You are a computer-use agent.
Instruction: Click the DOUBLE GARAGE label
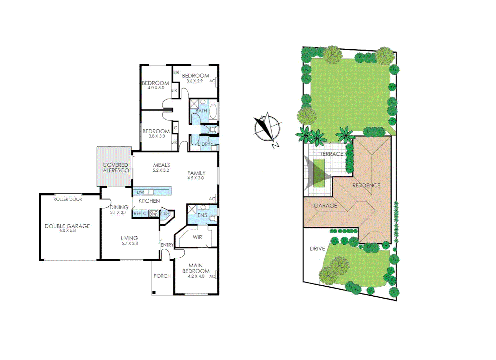click(x=67, y=226)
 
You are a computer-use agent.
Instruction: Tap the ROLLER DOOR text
click(x=68, y=199)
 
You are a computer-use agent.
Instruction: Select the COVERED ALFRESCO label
click(x=116, y=168)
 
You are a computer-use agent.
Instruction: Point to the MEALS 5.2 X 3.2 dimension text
click(x=161, y=170)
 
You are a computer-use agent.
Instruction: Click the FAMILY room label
click(x=196, y=173)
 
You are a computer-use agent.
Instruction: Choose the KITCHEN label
click(x=149, y=201)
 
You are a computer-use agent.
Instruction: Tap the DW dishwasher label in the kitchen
click(x=140, y=192)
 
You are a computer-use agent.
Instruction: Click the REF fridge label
click(x=137, y=214)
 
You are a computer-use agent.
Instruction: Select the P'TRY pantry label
click(x=165, y=214)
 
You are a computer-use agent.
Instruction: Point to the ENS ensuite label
click(x=202, y=215)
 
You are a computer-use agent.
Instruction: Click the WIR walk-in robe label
click(x=197, y=237)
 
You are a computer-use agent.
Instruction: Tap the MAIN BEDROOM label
click(x=196, y=268)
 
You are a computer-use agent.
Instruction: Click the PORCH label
click(x=162, y=276)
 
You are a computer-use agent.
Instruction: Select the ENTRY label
click(x=167, y=245)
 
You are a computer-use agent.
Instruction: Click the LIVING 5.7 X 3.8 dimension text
click(x=129, y=244)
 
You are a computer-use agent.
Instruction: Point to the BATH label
click(x=201, y=111)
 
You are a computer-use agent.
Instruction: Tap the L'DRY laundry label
click(x=204, y=144)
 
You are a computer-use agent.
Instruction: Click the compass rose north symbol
click(x=267, y=128)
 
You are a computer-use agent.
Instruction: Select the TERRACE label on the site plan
click(x=332, y=154)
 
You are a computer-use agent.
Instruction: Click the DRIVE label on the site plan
click(x=317, y=249)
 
